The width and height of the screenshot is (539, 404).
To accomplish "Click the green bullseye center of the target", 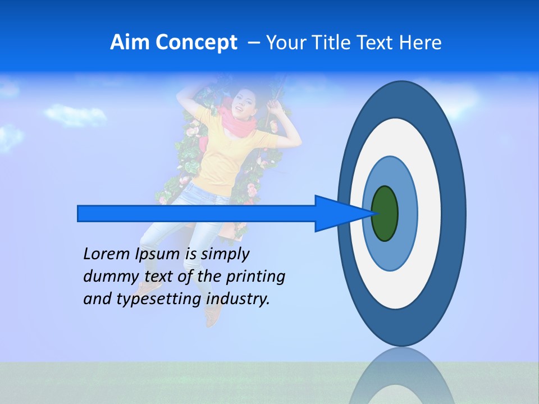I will point(385,214).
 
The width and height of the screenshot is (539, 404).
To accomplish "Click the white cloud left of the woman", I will point(67,114).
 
